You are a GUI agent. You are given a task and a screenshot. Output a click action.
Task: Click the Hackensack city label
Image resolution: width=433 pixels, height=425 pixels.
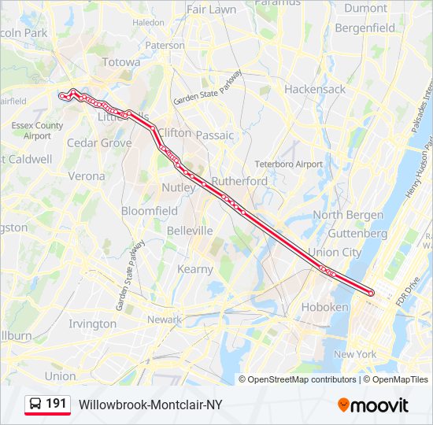point(315,89)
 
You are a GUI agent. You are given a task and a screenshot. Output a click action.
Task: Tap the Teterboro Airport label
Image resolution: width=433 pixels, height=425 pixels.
point(288,164)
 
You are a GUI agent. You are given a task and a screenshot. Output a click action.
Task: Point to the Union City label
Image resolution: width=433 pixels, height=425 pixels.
point(335,252)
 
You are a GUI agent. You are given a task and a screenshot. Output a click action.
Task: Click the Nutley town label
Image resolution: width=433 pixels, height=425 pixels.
point(178,188)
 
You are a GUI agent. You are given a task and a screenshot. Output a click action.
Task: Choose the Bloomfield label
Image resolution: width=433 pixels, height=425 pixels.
point(150,211)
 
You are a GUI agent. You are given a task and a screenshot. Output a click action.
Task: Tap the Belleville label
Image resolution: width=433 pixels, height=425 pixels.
point(190,231)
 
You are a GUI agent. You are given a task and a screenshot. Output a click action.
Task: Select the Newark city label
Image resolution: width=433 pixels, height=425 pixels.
point(165,320)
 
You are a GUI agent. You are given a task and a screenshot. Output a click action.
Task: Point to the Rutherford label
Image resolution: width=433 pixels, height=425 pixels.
point(239,181)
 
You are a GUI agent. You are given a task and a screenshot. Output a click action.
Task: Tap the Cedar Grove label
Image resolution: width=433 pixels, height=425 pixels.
point(99,143)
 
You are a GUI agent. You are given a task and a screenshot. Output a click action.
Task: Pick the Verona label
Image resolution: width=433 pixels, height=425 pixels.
point(86,176)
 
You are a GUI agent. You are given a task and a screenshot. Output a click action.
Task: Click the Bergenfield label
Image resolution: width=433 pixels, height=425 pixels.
point(365,28)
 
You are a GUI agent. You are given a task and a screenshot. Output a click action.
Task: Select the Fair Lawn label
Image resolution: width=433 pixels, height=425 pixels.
point(212,10)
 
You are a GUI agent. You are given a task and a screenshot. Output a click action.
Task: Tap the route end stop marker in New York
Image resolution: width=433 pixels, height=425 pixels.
point(371,294)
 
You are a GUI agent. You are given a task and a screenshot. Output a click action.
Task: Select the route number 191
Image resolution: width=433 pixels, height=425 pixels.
point(56,404)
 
